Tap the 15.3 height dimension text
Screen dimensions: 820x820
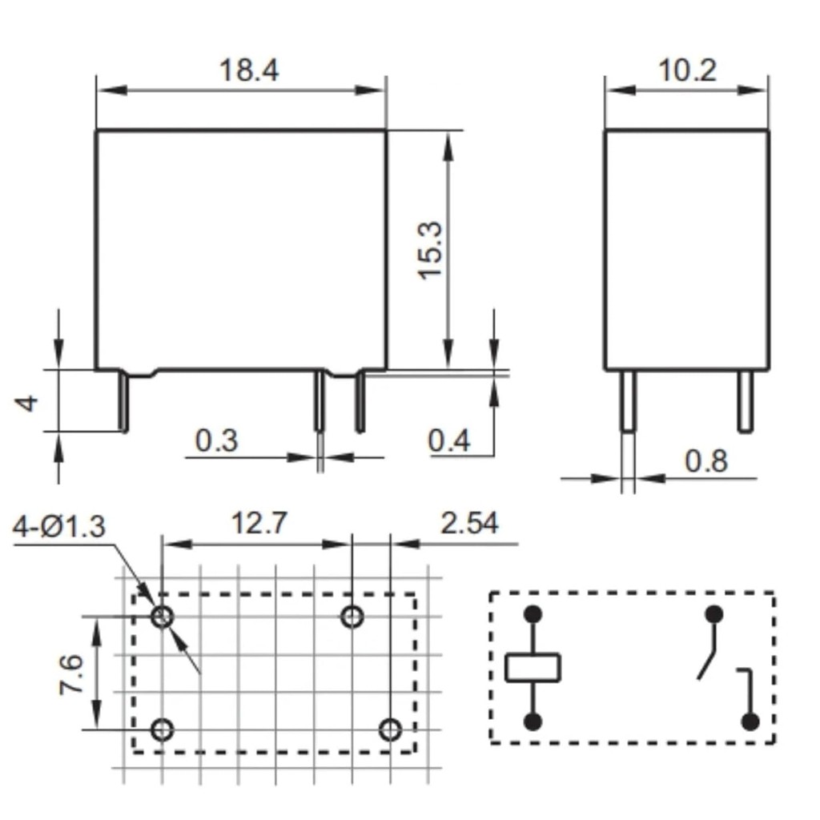tap(430, 250)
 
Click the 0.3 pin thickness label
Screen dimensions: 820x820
tap(216, 440)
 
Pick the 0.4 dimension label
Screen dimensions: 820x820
tap(449, 440)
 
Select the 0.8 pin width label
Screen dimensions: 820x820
tap(705, 461)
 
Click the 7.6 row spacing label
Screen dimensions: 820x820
tap(70, 674)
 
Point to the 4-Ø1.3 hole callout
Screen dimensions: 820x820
tap(59, 527)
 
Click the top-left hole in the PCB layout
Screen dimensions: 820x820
tap(163, 617)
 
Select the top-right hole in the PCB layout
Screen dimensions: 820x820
tap(352, 617)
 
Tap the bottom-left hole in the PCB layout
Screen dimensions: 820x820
tap(163, 730)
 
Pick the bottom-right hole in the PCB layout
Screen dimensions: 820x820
tap(390, 730)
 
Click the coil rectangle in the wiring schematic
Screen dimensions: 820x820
tap(533, 667)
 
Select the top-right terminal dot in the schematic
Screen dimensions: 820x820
tap(713, 614)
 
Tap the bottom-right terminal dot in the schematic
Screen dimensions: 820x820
tap(750, 722)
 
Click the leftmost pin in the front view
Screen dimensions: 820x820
tap(125, 401)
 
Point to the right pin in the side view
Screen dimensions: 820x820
tap(745, 402)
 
